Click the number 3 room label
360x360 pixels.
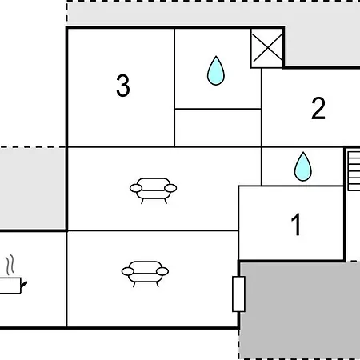pyautogui.click(x=123, y=86)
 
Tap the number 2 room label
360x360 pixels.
pyautogui.click(x=318, y=108)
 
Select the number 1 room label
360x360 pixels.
pyautogui.click(x=296, y=224)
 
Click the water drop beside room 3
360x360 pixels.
pyautogui.click(x=216, y=70)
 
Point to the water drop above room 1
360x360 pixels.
pyautogui.click(x=302, y=166)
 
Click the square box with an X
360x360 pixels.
pyautogui.click(x=266, y=48)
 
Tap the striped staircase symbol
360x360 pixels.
pyautogui.click(x=354, y=170)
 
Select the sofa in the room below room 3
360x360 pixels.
pyautogui.click(x=153, y=190)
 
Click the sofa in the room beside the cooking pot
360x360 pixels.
pyautogui.click(x=145, y=274)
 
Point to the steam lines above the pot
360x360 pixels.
pyautogui.click(x=10, y=265)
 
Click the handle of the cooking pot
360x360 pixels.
pyautogui.click(x=24, y=285)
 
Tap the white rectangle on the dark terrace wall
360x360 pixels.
pyautogui.click(x=238, y=294)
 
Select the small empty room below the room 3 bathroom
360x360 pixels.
pyautogui.click(x=218, y=128)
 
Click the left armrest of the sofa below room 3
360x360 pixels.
pyautogui.click(x=136, y=188)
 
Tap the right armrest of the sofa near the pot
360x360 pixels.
pyautogui.click(x=162, y=271)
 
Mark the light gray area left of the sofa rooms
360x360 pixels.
pyautogui.click(x=33, y=188)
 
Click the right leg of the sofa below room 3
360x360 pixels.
pyautogui.click(x=166, y=201)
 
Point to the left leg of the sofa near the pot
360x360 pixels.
pyautogui.click(x=134, y=285)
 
